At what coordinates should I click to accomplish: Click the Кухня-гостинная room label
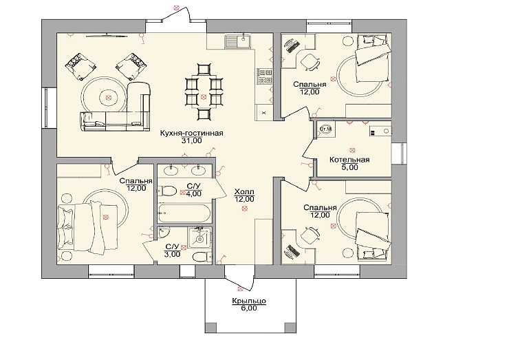191,134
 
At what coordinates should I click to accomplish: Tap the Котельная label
349,160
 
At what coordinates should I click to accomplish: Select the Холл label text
244,191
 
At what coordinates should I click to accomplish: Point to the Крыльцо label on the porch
249,301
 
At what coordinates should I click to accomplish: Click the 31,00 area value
191,140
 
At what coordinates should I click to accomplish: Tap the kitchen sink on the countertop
237,41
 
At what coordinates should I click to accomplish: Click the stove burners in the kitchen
265,76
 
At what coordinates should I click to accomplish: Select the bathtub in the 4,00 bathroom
184,213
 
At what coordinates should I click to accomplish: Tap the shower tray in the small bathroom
199,238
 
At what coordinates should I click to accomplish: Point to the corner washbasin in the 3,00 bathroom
163,232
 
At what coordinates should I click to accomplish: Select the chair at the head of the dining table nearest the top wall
204,70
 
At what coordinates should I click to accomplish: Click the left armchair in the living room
80,66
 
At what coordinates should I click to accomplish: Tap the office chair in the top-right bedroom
310,61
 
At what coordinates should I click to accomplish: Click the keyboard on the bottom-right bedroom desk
292,251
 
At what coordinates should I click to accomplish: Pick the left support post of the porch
211,327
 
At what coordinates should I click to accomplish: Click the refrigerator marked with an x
264,112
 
